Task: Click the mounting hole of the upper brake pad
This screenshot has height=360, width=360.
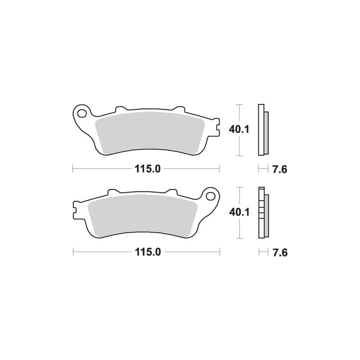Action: point(82,113)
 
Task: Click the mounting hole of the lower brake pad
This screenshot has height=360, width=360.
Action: point(210,196)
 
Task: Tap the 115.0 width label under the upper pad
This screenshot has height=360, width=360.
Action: point(148,169)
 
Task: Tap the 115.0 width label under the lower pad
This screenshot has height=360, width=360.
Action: point(148,252)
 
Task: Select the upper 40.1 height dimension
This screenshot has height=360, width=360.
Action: point(239,130)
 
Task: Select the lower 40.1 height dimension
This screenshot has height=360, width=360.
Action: point(239,212)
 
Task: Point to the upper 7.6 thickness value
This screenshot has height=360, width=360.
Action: point(280,170)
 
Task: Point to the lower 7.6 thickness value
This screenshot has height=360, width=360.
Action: point(280,252)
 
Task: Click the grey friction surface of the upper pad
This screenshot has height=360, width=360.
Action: point(150,133)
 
